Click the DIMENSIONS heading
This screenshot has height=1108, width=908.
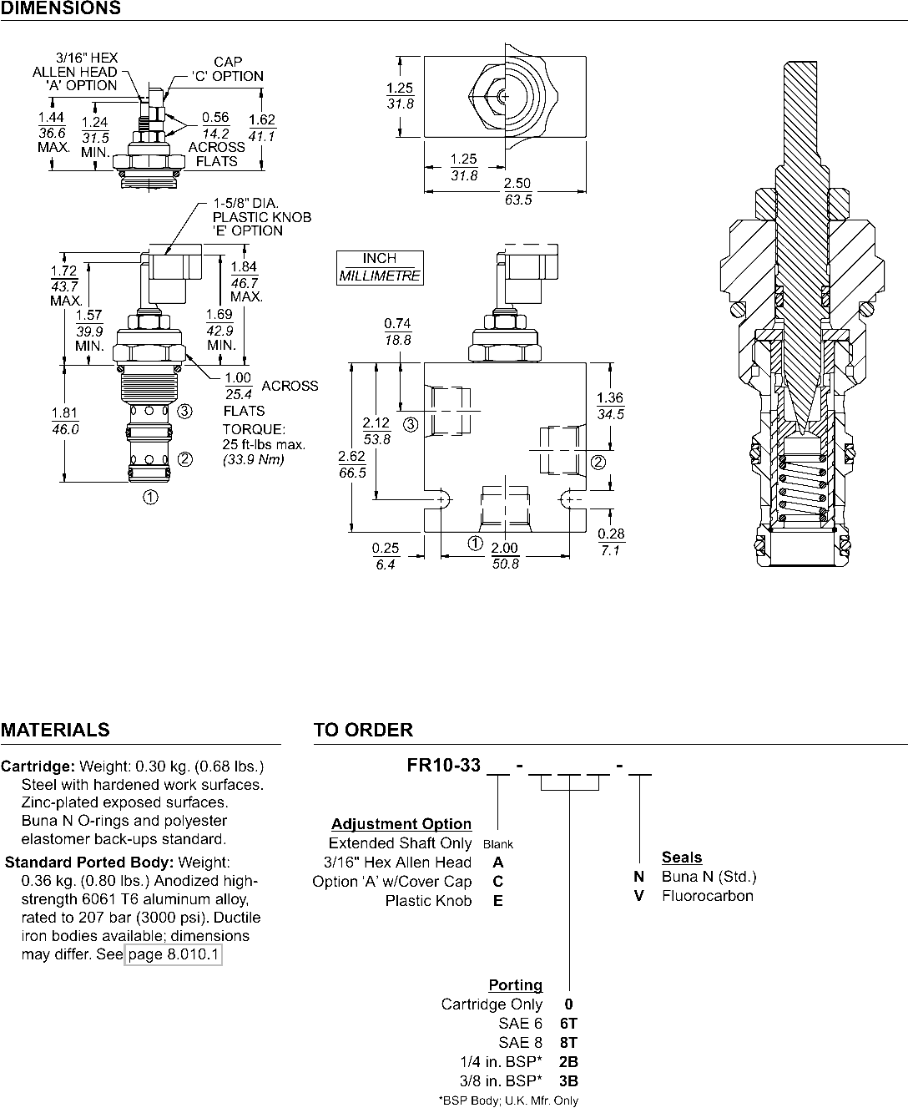[x=61, y=8]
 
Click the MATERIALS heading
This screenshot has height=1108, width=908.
[x=55, y=730]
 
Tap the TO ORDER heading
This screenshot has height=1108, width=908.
[x=363, y=730]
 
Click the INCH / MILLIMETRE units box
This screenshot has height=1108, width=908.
[x=380, y=268]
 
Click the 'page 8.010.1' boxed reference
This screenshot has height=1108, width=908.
[x=174, y=954]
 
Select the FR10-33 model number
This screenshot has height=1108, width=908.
[x=443, y=766]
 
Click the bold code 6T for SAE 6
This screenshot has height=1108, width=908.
[x=568, y=1024]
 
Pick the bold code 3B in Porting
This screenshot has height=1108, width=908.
[x=568, y=1081]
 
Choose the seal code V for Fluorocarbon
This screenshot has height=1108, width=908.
[x=639, y=896]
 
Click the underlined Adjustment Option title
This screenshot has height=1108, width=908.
[x=401, y=824]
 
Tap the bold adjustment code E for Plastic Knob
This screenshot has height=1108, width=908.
[x=498, y=901]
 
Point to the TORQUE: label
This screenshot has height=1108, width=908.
[x=254, y=429]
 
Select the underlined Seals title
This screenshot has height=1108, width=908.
[x=682, y=857]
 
